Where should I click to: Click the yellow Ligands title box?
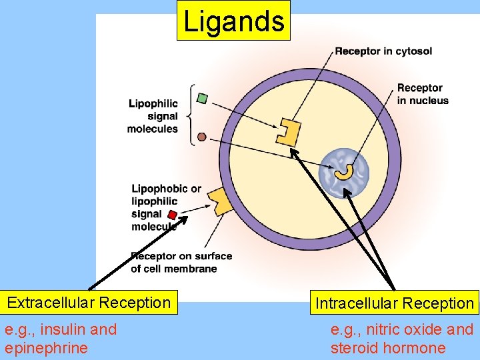pos(233,21)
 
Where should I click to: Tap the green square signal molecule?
pos(203,99)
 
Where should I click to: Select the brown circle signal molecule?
pos(202,138)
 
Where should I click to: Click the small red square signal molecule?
pos(172,215)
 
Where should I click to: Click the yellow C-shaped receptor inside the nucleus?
pos(345,171)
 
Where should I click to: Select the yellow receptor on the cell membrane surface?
pos(221,201)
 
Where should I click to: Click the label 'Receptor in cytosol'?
pos(383,51)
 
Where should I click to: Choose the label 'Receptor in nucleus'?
pos(423,94)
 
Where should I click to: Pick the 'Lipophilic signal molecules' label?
pos(153,116)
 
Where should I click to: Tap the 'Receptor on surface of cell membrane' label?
pos(181,262)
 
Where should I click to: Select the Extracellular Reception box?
pos(89,303)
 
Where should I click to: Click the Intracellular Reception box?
pos(394,303)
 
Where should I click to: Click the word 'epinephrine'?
pos(46,348)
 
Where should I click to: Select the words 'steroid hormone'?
pos(388,348)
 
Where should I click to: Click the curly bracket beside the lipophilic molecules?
pos(191,114)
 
